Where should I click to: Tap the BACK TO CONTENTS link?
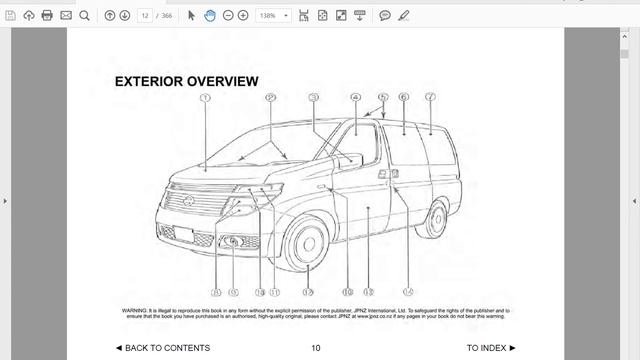point(162,348)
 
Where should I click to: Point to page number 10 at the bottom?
point(315,348)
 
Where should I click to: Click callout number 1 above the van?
point(204,98)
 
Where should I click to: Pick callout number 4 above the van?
point(355,98)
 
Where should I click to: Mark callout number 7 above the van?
point(430,98)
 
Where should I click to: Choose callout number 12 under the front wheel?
point(308,293)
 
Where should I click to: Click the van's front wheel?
point(306,243)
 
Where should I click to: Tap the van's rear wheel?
point(434,219)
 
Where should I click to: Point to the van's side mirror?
point(349,159)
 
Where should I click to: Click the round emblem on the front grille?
point(189,201)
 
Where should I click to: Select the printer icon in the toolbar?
point(47,16)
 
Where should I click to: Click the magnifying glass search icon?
point(84,16)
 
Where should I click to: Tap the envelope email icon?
point(66,16)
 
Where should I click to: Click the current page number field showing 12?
point(146,16)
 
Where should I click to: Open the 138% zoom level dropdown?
point(273,16)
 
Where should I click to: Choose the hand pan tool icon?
point(210,16)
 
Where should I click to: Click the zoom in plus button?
point(243,16)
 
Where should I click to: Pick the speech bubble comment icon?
point(385,16)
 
